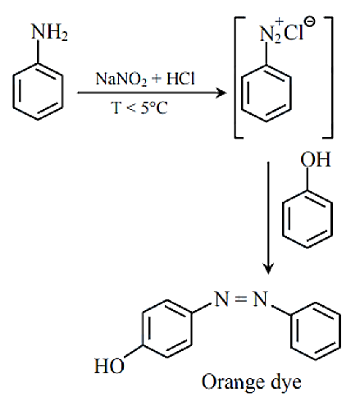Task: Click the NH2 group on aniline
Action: [x=49, y=32]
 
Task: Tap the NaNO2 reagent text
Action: [x=121, y=79]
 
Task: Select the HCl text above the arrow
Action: [x=180, y=79]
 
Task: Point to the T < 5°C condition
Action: [x=139, y=107]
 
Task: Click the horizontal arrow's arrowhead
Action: [x=221, y=93]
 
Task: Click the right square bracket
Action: [x=331, y=77]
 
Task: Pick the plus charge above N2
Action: [x=279, y=21]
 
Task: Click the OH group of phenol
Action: [x=316, y=159]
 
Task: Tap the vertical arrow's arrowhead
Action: [x=268, y=268]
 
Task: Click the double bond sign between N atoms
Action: [x=241, y=299]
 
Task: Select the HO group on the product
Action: [x=109, y=366]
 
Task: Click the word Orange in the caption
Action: [x=233, y=382]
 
